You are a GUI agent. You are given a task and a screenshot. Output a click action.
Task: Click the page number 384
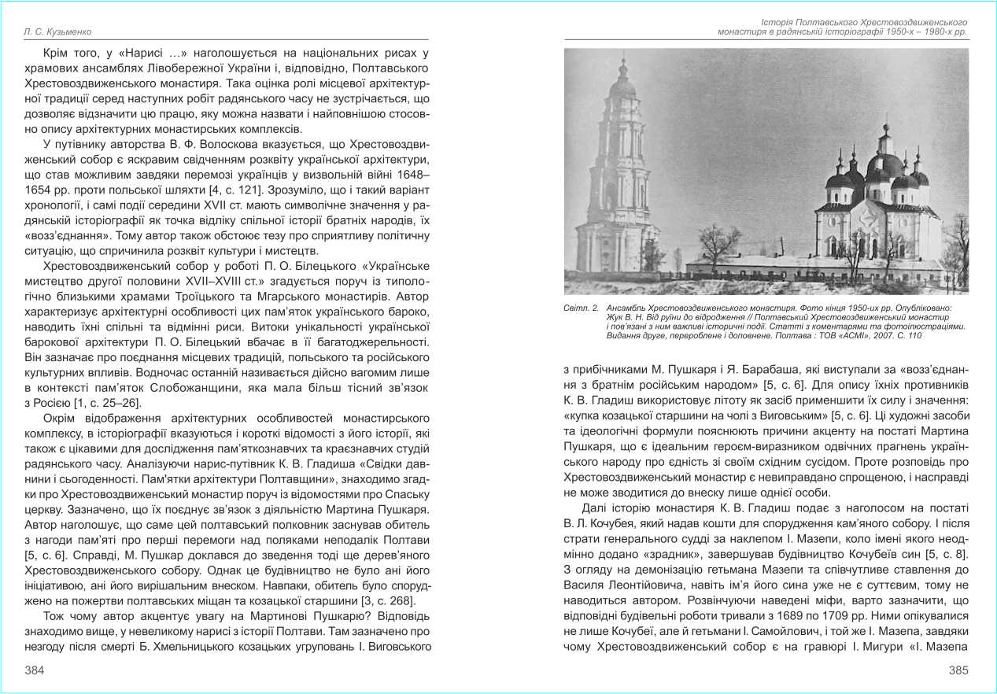(x=34, y=670)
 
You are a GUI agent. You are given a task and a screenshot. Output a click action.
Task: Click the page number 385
(x=958, y=670)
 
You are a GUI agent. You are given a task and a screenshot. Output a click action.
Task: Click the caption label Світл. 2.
(x=581, y=308)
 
